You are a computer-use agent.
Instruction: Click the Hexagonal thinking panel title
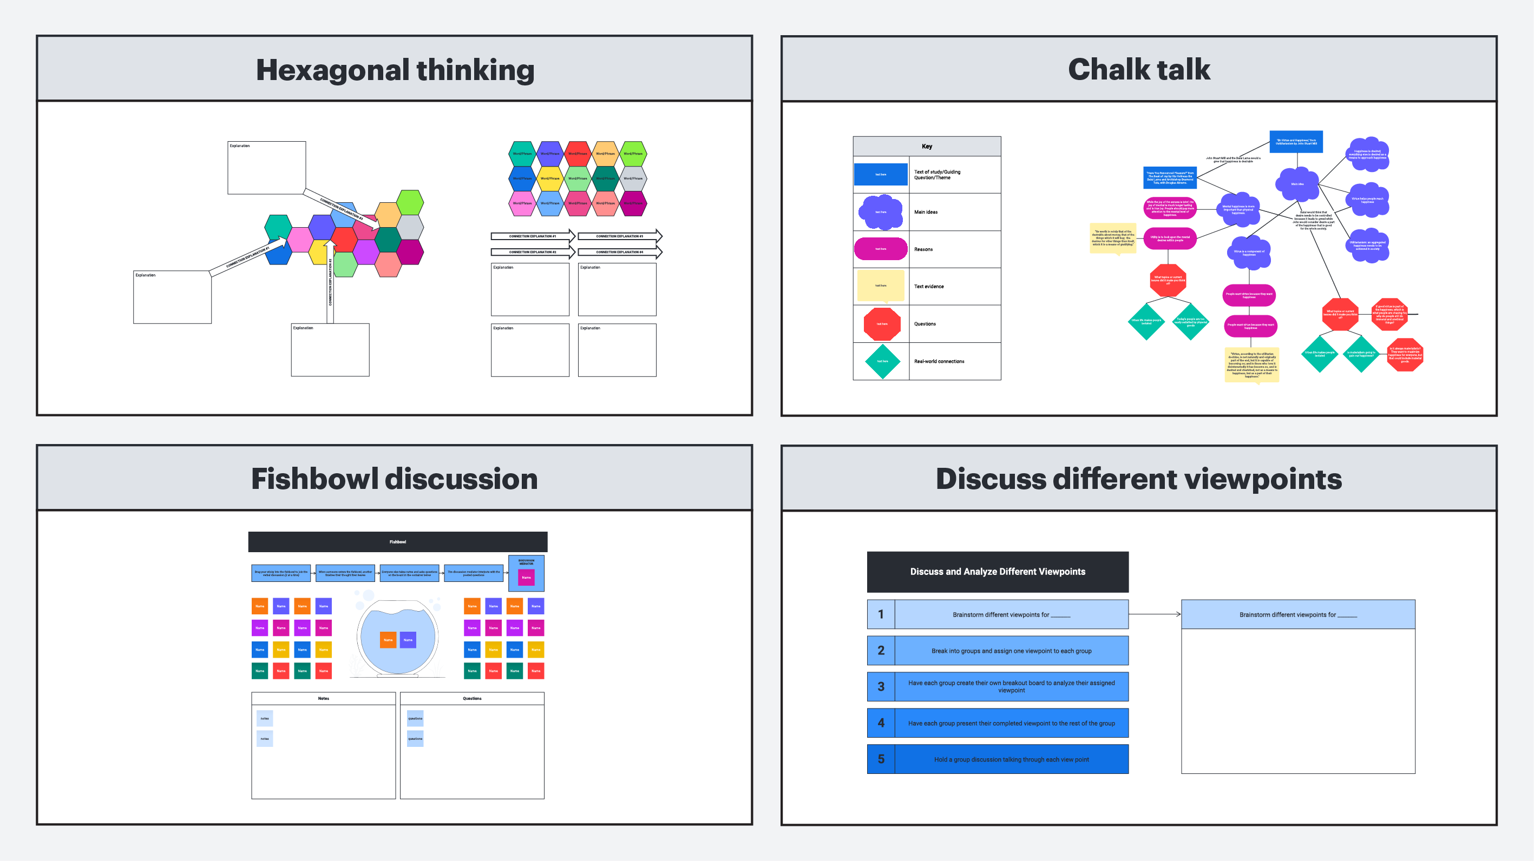[395, 70]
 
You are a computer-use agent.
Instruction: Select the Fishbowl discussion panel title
[394, 479]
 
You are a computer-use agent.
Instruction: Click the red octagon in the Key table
[881, 324]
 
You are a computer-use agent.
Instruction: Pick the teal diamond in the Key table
[882, 361]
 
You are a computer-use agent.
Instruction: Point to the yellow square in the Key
[881, 286]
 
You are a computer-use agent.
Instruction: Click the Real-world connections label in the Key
[939, 361]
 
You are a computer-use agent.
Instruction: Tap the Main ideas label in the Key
[926, 212]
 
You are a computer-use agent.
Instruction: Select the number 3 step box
[881, 687]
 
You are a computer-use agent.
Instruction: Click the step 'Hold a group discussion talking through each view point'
[1011, 759]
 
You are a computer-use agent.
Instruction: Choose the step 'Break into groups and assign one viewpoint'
[1011, 651]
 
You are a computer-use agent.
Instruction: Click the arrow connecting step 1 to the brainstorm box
[1154, 614]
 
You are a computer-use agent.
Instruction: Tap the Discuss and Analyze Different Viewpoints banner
[998, 572]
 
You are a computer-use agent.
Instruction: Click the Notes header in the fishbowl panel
[323, 699]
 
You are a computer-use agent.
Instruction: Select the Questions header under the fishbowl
[472, 699]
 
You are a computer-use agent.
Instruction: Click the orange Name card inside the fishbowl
[388, 640]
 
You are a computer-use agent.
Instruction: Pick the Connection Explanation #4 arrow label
[619, 252]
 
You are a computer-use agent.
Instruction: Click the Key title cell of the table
[927, 147]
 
